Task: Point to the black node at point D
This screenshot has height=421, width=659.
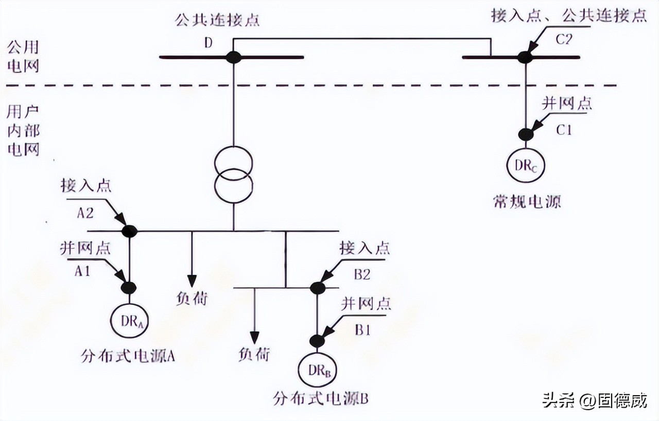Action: (x=234, y=57)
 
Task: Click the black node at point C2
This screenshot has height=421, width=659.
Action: (x=525, y=57)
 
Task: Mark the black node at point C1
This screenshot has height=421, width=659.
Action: (x=526, y=135)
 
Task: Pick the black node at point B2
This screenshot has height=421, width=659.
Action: (x=318, y=288)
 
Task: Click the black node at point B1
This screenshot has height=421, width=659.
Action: (x=318, y=341)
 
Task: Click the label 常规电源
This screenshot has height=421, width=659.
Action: (x=526, y=202)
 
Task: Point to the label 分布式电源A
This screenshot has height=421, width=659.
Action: (x=128, y=356)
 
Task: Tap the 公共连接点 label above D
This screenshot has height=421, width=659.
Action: (x=217, y=21)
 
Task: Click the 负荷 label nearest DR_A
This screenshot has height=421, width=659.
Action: (x=192, y=299)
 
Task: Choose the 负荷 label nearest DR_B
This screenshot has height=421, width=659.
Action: (x=253, y=355)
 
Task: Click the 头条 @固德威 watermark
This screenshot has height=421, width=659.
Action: (x=595, y=400)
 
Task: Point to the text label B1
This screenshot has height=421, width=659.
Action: (x=361, y=330)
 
